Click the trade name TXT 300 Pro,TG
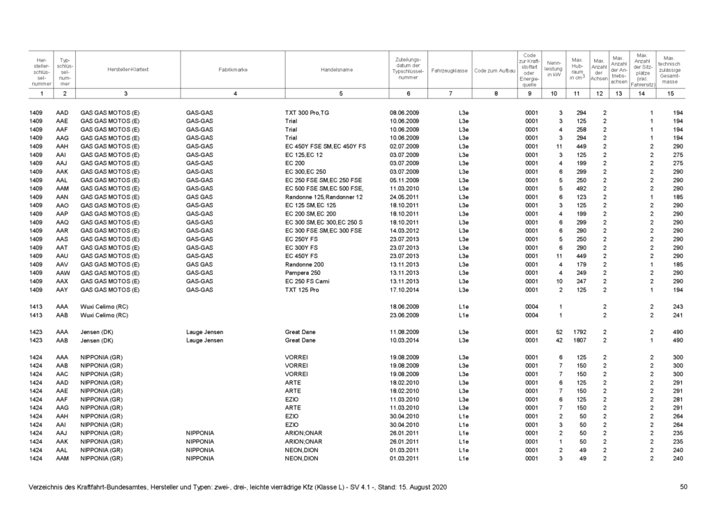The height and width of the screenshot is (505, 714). click(307, 112)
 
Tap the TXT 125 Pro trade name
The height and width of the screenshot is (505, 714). click(302, 289)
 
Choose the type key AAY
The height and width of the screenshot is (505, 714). click(63, 289)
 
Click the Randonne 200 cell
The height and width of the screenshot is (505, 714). click(305, 264)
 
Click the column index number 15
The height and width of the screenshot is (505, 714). click(671, 93)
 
